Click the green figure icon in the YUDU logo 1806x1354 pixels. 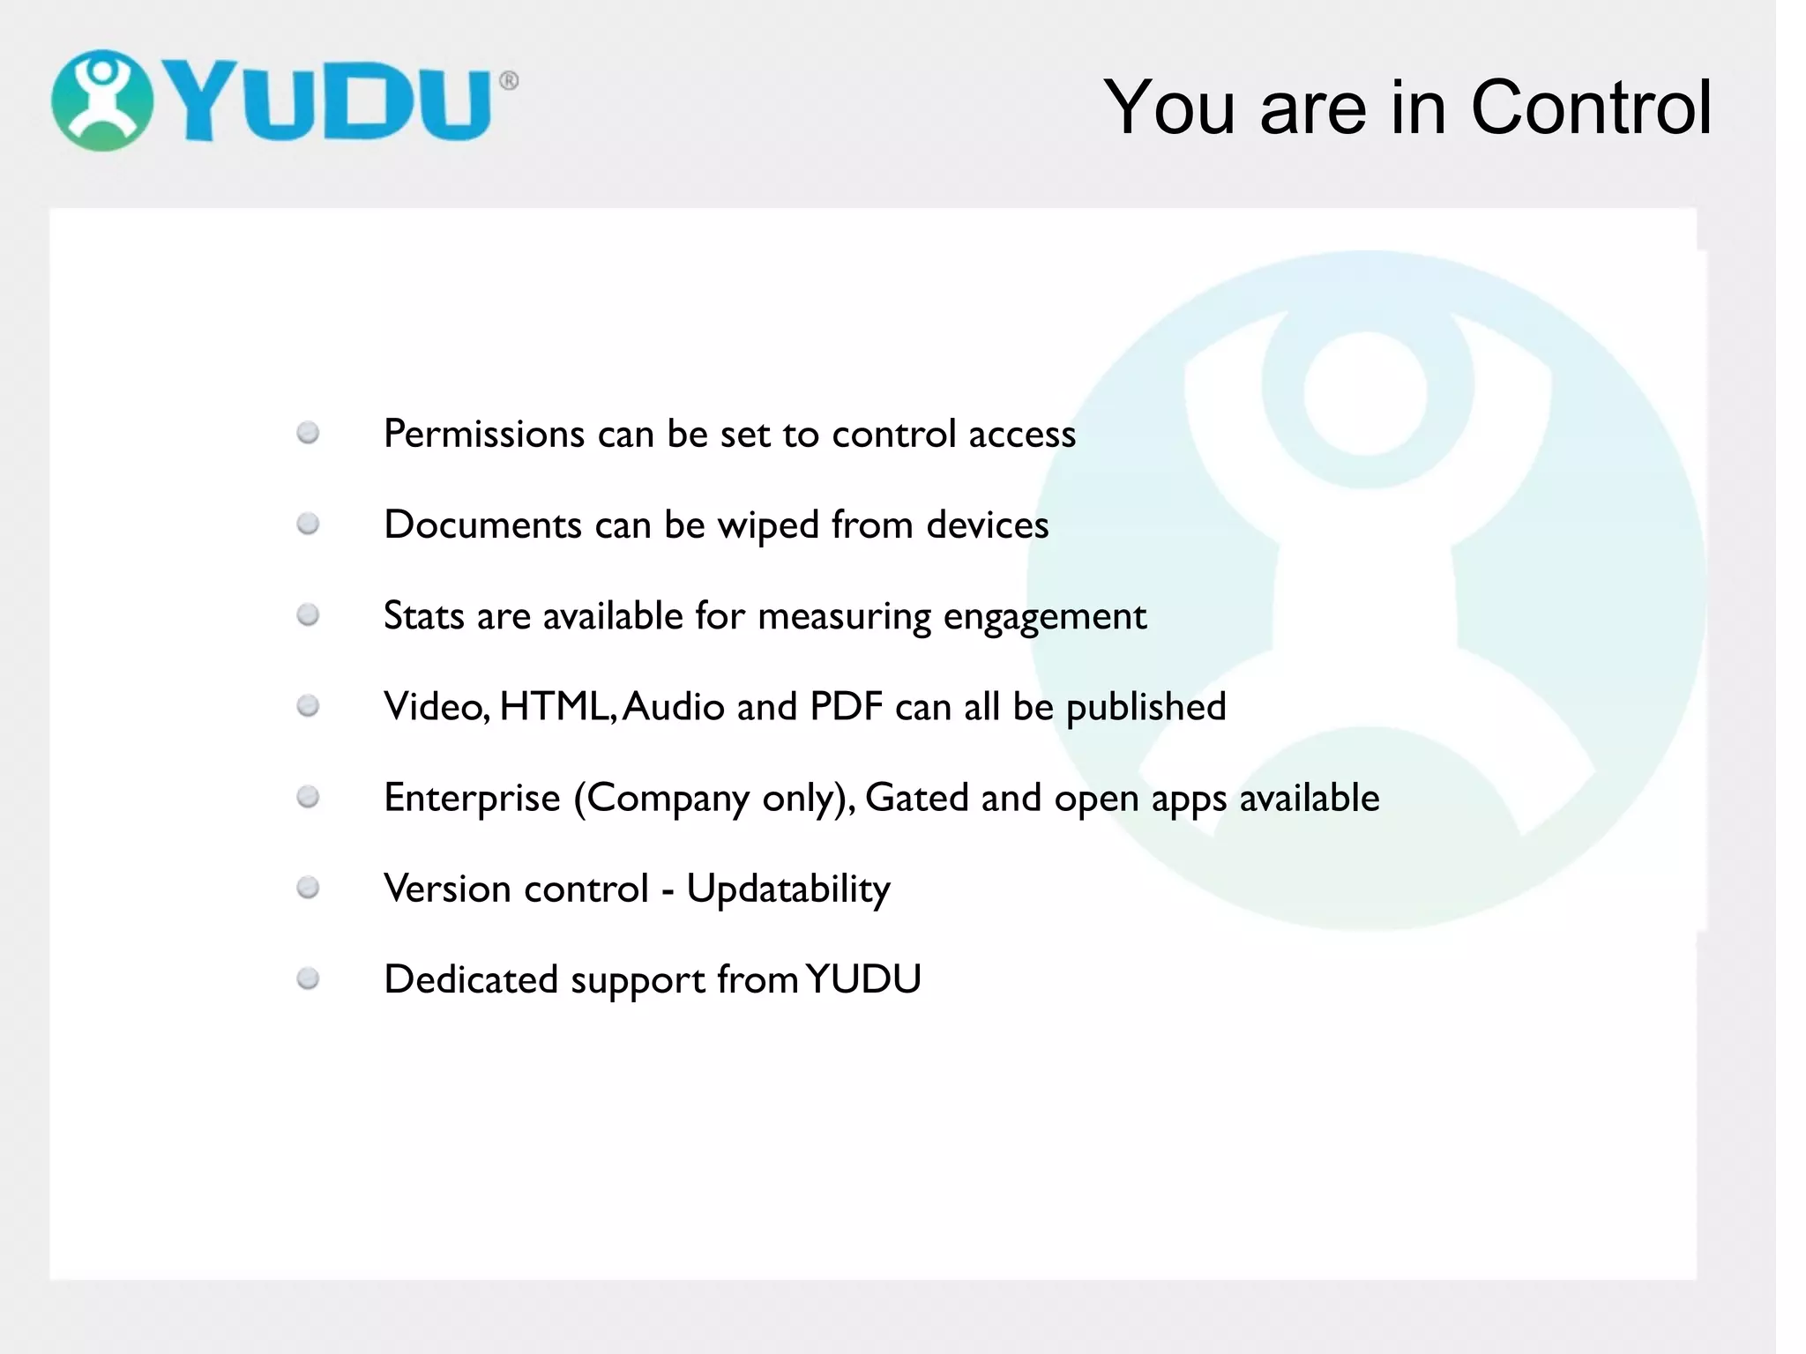(102, 100)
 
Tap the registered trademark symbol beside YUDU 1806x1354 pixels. (509, 81)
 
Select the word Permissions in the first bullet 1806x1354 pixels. (484, 435)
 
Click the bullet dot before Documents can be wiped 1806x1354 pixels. (308, 524)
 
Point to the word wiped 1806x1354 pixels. (768, 526)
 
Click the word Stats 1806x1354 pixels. (423, 616)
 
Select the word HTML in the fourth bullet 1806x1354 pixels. (554, 707)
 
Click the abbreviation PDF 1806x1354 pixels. (846, 707)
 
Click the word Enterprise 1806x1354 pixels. (472, 798)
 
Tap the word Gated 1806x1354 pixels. (917, 798)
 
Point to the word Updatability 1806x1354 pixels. (788, 889)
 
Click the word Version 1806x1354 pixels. (439, 889)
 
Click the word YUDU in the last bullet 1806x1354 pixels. (863, 979)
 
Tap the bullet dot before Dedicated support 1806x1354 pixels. (308, 978)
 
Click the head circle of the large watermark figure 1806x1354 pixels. (1365, 393)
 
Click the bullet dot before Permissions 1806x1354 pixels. (308, 433)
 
